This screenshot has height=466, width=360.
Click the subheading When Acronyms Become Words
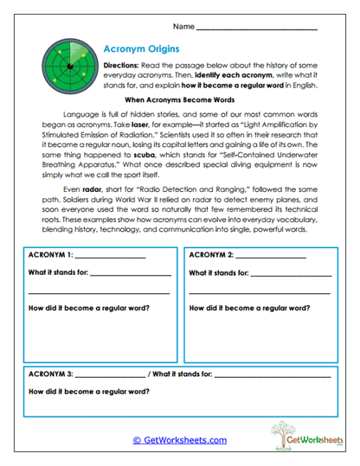click(x=179, y=101)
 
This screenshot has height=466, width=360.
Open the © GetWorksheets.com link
click(x=179, y=439)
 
